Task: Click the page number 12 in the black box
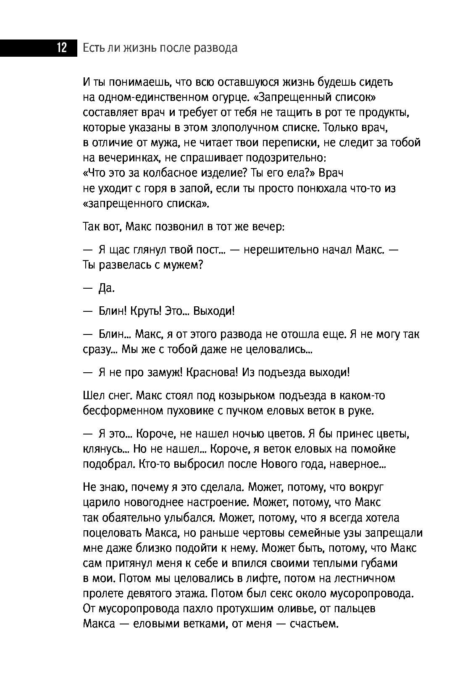61,48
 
